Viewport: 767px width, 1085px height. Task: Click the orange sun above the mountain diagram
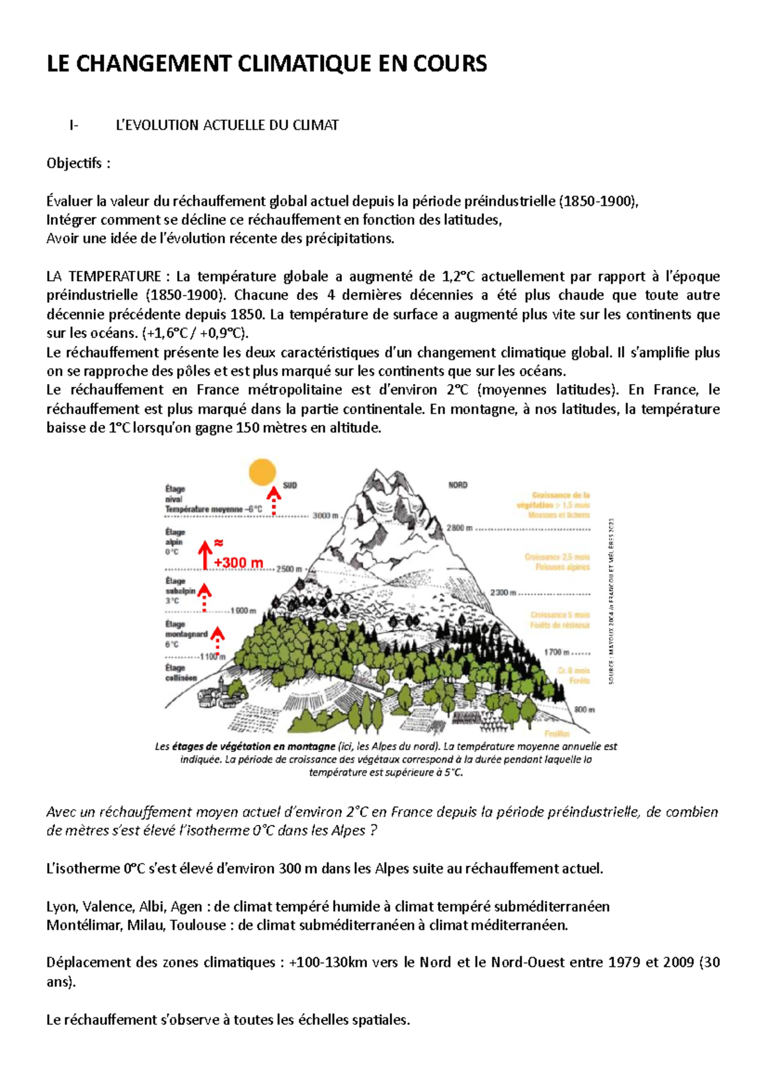coord(262,472)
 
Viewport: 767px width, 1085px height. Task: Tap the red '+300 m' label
coord(238,562)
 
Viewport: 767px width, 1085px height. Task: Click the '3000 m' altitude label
coord(325,516)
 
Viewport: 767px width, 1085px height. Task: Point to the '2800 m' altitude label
coord(460,528)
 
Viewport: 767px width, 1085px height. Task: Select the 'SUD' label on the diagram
coord(290,486)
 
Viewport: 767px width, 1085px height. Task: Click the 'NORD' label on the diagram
coord(458,486)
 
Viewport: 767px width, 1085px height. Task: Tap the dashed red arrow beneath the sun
coord(274,501)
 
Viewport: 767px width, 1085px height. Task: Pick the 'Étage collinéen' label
coord(182,673)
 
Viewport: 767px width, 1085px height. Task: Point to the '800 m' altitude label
coord(584,709)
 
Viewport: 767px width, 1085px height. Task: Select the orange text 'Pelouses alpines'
coord(562,567)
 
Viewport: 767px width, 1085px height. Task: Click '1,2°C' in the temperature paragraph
coord(458,277)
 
